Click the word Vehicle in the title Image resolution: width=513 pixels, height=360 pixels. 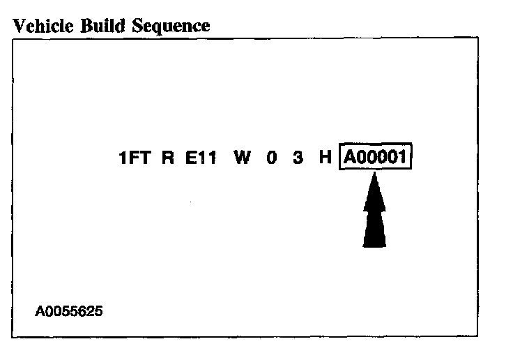click(41, 27)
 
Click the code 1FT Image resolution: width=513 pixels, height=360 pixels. click(135, 158)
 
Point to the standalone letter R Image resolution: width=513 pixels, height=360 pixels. click(167, 158)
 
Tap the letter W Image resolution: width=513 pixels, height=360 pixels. click(242, 158)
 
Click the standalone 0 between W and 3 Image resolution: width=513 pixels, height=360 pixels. click(272, 158)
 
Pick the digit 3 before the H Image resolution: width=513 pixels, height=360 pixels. click(298, 158)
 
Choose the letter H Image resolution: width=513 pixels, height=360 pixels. click(325, 158)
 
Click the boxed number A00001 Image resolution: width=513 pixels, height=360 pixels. click(376, 158)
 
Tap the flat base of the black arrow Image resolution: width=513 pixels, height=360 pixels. click(374, 245)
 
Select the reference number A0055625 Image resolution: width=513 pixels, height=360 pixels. click(68, 310)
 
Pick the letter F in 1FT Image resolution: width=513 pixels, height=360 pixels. click(134, 158)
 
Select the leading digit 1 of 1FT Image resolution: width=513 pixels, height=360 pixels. click(123, 158)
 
